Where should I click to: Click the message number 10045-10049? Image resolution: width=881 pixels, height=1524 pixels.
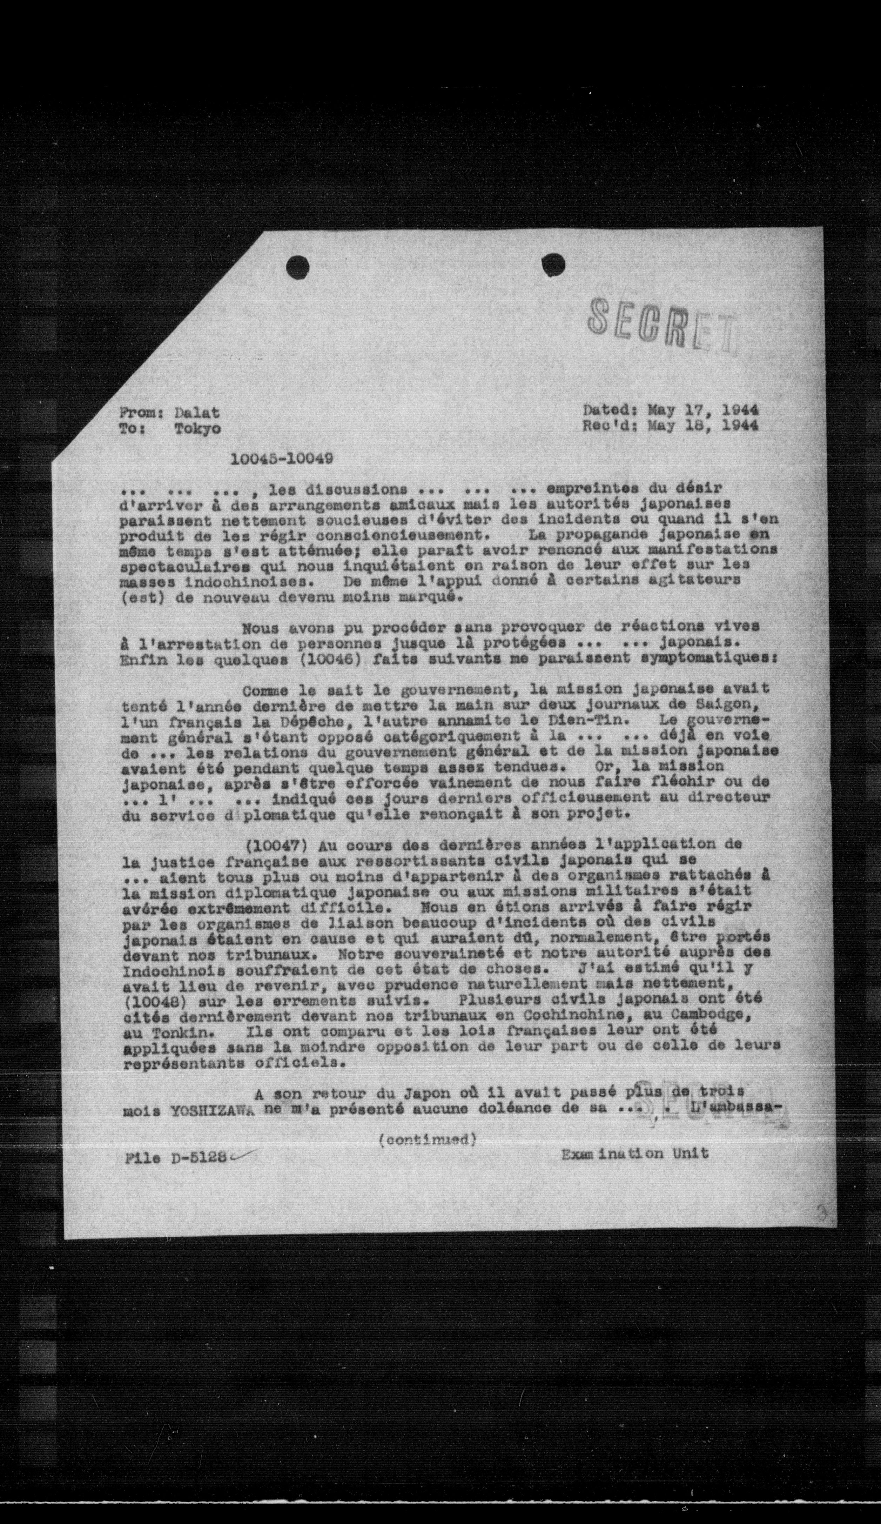[x=282, y=459]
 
